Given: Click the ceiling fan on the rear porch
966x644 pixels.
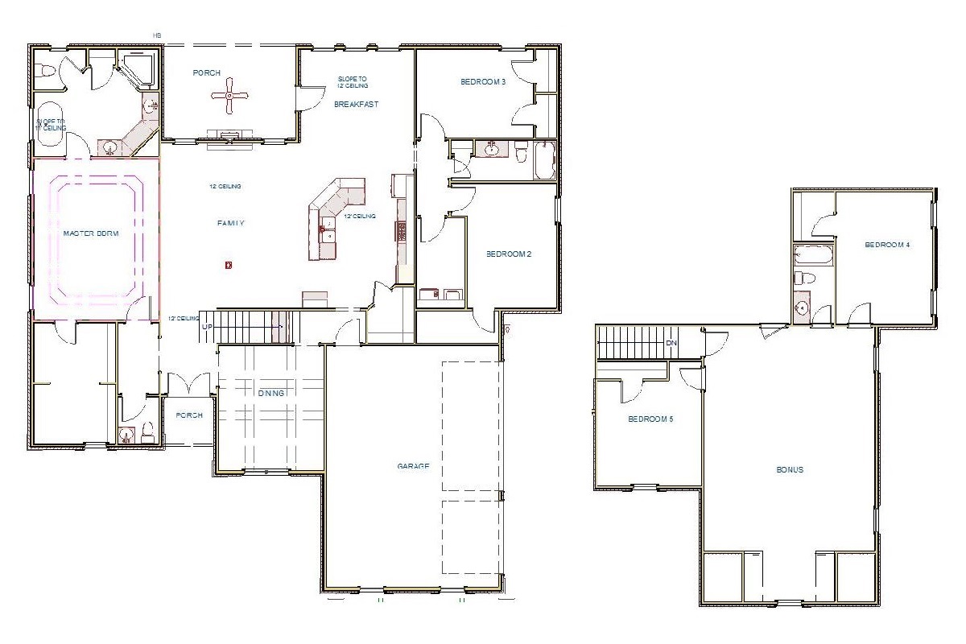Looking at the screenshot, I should point(229,96).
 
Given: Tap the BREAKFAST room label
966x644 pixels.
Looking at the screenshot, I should point(357,105).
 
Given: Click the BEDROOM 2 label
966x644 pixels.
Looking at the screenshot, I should point(509,254).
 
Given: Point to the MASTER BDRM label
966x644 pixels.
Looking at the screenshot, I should point(91,233).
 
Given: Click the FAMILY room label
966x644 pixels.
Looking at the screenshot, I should point(230,223).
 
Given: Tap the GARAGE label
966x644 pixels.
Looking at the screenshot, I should point(413,466).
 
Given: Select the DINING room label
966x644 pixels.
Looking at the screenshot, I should point(271,393).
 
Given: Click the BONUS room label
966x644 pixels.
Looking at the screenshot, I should point(790,470).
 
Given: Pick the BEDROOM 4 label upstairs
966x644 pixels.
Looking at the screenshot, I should point(887,245).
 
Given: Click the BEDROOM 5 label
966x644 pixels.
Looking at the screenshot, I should point(650,419).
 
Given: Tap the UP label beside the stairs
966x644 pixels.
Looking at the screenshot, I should point(207,328).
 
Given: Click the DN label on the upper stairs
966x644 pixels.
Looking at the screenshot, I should point(671,343).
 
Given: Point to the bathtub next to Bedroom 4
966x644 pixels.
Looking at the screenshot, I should point(813,257).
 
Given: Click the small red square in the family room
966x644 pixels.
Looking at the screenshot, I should point(229,264).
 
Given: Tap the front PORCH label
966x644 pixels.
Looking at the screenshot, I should point(188,415).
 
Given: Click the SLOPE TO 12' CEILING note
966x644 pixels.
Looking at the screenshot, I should point(353,82).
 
